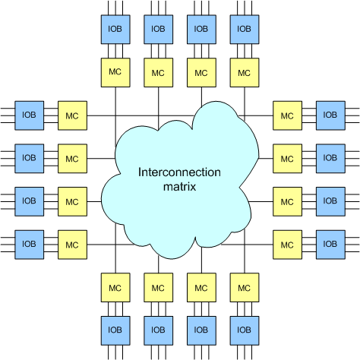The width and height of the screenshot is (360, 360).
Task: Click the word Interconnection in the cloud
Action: [179, 172]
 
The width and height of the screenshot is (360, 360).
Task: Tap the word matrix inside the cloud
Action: [179, 187]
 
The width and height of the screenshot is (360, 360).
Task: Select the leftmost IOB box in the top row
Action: [115, 30]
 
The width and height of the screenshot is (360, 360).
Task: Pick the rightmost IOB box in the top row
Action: [245, 30]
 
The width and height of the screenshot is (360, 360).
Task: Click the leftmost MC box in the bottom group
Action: [115, 288]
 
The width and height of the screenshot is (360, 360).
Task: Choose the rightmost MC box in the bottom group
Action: [245, 288]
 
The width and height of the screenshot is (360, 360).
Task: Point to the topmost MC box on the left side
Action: [72, 115]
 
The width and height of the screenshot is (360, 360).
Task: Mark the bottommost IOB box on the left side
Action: [30, 245]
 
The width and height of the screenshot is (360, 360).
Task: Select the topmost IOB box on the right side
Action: [330, 115]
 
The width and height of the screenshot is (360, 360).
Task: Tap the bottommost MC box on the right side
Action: [287, 245]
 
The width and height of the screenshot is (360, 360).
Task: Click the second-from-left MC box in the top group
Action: [159, 73]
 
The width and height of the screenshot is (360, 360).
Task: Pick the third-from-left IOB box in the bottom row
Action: [201, 330]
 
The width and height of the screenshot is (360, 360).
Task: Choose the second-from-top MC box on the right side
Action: [287, 159]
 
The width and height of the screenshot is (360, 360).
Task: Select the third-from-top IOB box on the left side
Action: [30, 201]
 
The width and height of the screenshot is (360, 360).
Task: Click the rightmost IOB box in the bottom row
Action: [245, 330]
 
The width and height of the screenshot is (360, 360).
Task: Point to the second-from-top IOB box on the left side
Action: [30, 159]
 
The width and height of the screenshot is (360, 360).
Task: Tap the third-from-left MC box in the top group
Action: [201, 73]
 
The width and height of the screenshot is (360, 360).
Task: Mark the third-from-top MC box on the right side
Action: [287, 201]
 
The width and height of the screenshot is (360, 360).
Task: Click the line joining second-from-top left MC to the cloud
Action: [101, 159]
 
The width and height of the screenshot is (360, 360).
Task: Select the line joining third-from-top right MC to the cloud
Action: [261, 201]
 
